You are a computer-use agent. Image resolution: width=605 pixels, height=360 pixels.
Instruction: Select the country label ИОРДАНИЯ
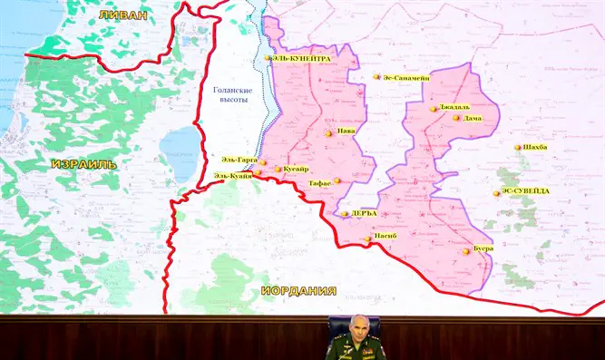pos(298,291)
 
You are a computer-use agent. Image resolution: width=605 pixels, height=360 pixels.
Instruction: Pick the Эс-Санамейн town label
pos(406,77)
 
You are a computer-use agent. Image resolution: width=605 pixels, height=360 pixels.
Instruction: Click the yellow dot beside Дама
pos(456,118)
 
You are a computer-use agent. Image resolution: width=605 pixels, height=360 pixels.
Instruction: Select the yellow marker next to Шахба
pos(518,147)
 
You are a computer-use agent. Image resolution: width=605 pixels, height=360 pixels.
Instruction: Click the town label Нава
pos(346,131)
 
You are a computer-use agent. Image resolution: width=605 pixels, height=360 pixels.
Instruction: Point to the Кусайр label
pos(296,169)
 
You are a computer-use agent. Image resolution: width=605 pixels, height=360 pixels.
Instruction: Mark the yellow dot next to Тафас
pos(337,180)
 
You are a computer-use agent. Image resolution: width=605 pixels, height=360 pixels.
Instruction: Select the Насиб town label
pos(386,238)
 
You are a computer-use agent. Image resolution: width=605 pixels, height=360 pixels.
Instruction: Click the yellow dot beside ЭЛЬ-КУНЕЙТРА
pos(268,58)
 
